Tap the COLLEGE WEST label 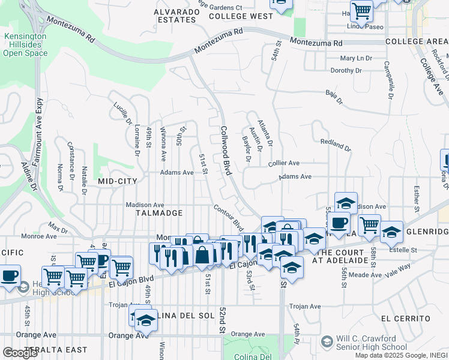click(x=241, y=16)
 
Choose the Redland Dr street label click(x=336, y=145)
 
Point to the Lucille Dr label click(x=122, y=114)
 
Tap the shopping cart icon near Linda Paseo click(x=362, y=10)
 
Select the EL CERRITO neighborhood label click(x=406, y=318)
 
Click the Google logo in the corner click(x=20, y=352)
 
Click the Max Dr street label click(x=59, y=227)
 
